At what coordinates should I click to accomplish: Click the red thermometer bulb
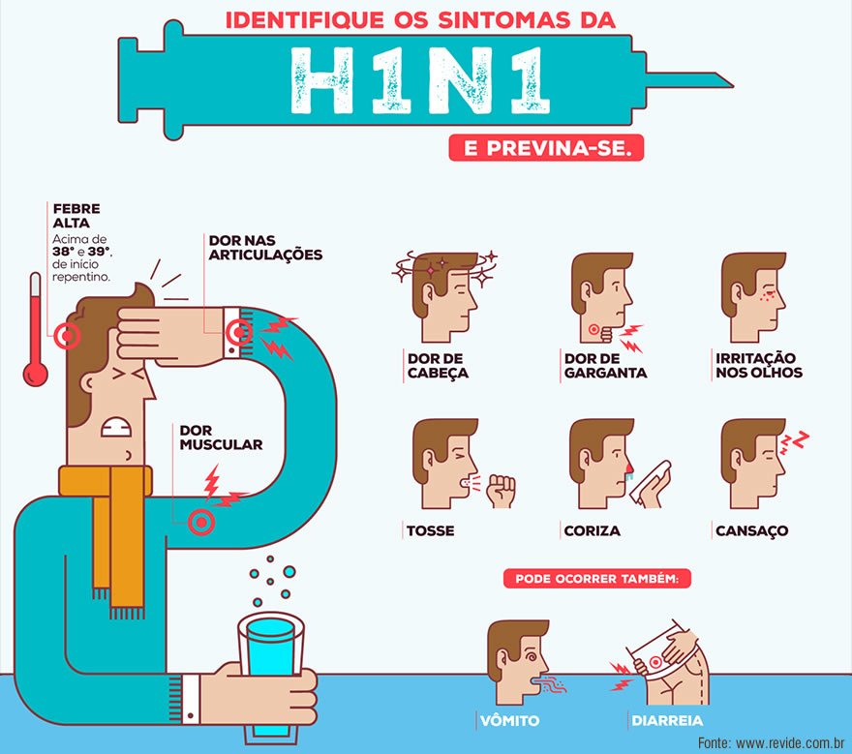point(35,375)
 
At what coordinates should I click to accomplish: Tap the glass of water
point(271,673)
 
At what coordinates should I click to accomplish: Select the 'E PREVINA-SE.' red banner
point(546,148)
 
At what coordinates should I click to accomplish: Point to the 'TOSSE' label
point(430,530)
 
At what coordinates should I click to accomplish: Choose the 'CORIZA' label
point(593,530)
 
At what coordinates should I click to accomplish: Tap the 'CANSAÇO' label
point(752,530)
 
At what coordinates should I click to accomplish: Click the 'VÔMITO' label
point(509,721)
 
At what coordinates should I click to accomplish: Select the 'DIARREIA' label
point(667,721)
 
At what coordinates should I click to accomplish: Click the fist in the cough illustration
point(501,491)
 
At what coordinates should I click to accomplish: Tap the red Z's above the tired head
point(794,441)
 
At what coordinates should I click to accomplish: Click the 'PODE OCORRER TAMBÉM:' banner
point(597,579)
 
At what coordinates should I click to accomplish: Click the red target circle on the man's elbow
point(201,523)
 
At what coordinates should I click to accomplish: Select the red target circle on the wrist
point(238,331)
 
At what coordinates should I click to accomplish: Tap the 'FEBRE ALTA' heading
point(76,216)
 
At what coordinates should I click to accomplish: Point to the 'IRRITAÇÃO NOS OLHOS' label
point(758,366)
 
